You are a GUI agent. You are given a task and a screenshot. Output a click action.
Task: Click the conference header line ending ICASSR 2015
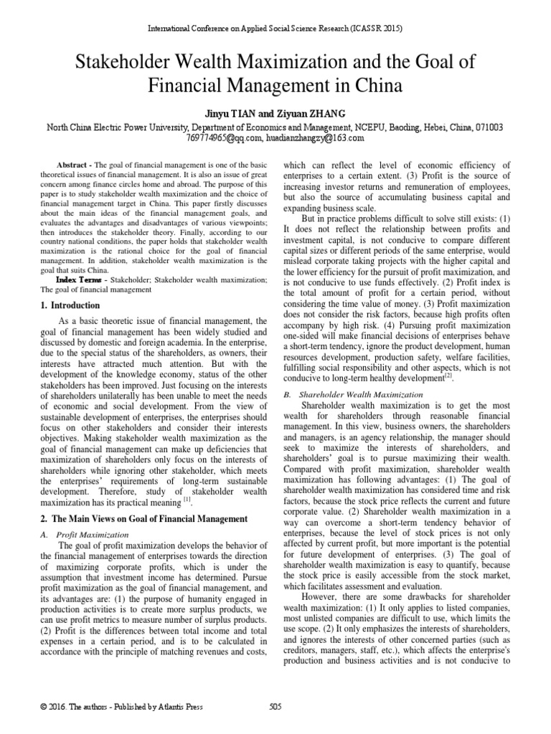point(275,29)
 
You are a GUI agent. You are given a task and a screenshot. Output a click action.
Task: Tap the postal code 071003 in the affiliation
point(488,126)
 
